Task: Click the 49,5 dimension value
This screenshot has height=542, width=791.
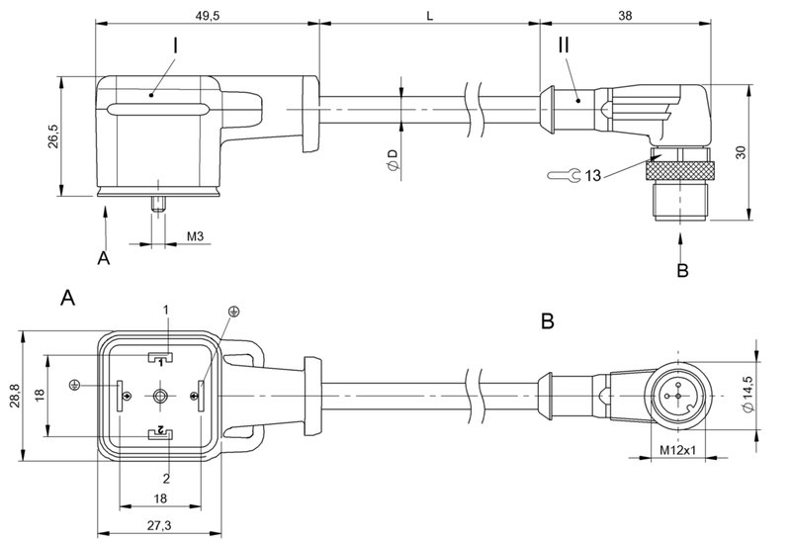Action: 206,15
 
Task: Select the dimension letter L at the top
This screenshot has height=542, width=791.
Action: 429,15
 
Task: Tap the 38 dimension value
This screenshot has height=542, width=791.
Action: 626,15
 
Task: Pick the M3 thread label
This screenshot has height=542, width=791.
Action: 198,238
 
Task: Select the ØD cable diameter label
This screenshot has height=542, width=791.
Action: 392,160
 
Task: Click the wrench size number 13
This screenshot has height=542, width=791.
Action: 593,175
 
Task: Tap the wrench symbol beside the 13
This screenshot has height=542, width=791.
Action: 562,176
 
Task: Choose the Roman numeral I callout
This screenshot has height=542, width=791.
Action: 175,46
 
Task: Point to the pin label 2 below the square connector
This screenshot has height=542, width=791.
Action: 166,478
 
